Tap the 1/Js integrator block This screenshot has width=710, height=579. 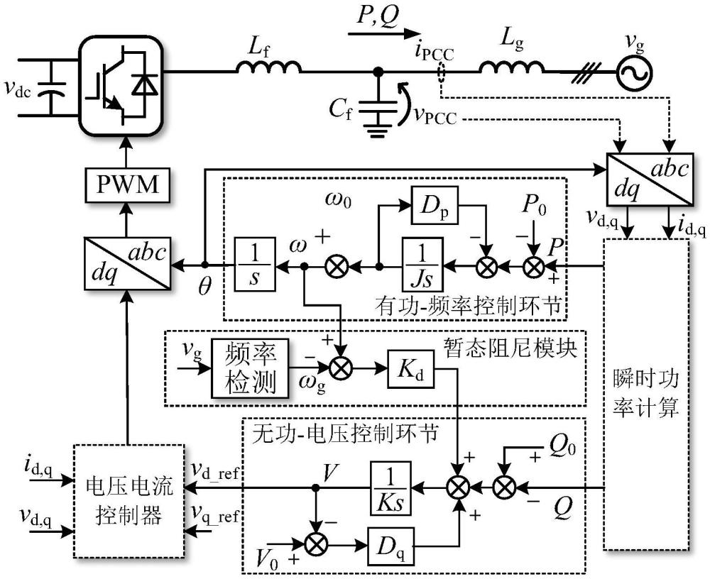[x=422, y=265]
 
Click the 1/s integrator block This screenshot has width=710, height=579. [x=254, y=265]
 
